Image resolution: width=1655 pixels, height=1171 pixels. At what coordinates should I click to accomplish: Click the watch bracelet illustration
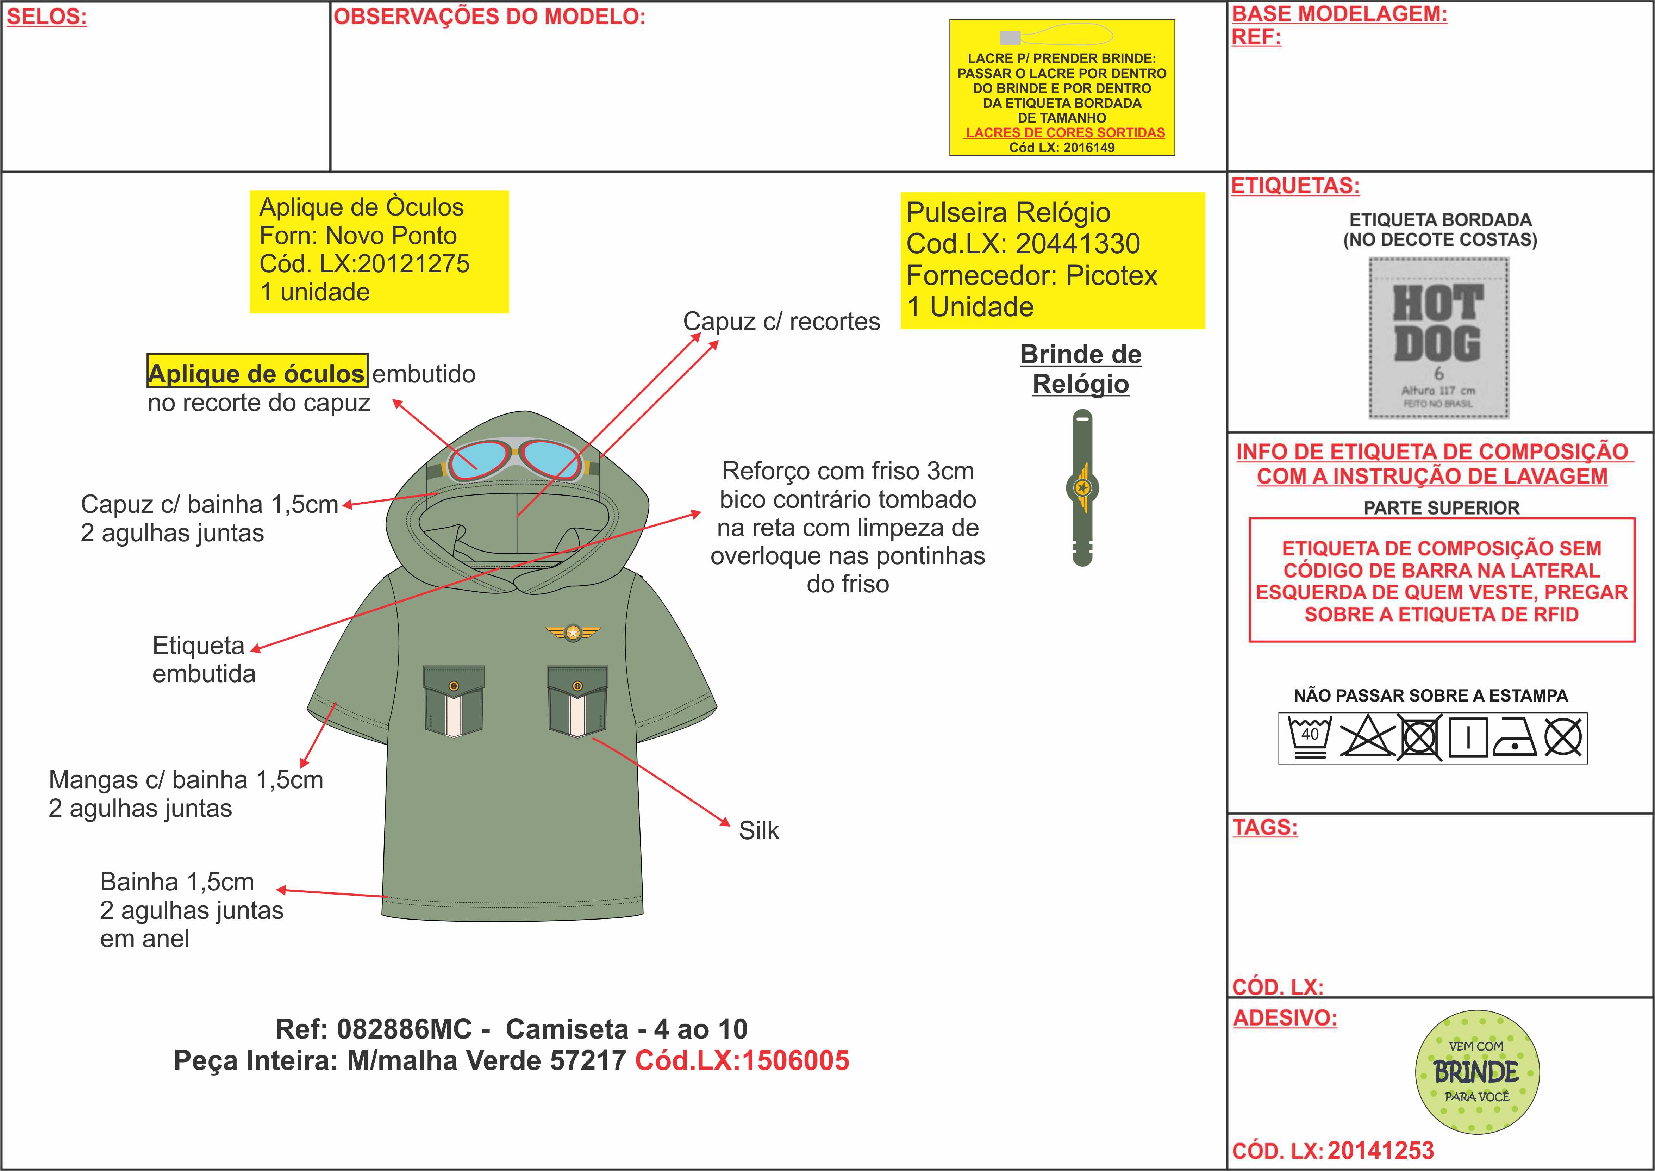[x=1082, y=488]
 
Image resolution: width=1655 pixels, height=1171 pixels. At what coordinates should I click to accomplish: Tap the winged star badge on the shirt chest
[x=573, y=633]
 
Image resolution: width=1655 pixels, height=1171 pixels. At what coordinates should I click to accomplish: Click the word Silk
[x=758, y=831]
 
